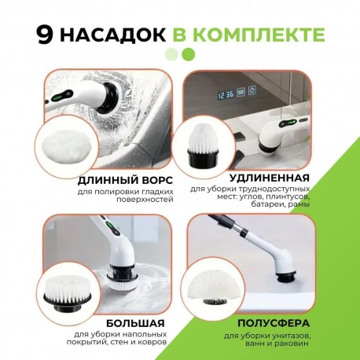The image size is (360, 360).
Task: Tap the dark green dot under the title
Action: (x=188, y=54)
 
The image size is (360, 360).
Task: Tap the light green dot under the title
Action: (x=172, y=54)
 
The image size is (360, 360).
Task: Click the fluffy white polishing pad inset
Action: (x=64, y=144)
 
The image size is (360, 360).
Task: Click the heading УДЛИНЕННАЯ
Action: (x=268, y=178)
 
